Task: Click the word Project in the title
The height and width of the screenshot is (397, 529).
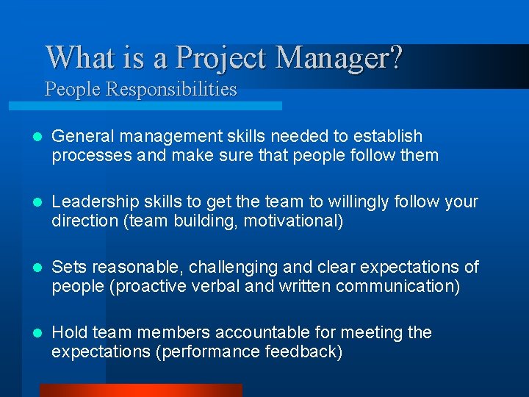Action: (223, 57)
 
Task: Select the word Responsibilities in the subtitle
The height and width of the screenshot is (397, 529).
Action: (171, 90)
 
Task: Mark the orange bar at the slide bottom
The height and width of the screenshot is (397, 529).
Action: (140, 390)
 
